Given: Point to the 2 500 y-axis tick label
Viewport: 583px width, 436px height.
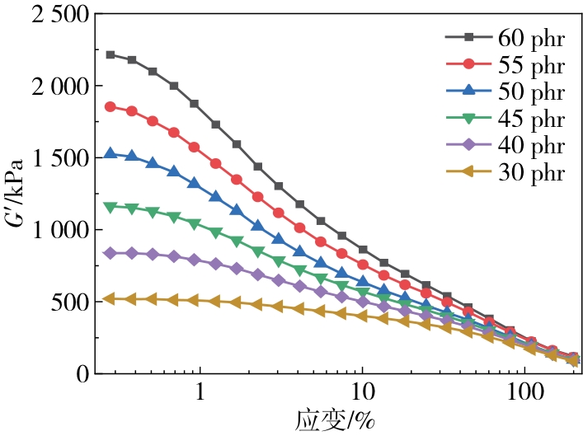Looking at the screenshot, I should pyautogui.click(x=49, y=14).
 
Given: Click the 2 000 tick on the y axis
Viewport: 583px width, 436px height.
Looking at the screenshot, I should pyautogui.click(x=49, y=86).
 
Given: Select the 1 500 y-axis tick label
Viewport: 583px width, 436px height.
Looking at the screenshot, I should pyautogui.click(x=49, y=157).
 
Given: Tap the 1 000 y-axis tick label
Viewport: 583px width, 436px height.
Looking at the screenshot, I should pyautogui.click(x=49, y=230).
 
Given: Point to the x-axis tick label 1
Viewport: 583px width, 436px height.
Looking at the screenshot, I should pyautogui.click(x=200, y=393).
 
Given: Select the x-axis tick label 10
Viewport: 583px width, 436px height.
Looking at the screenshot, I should pyautogui.click(x=362, y=393).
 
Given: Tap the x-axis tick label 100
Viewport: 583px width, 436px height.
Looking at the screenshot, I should pyautogui.click(x=524, y=393).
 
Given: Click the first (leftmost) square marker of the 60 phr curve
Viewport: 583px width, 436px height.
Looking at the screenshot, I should pyautogui.click(x=110, y=54).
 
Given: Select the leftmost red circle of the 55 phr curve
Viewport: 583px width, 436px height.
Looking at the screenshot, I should pyautogui.click(x=110, y=106).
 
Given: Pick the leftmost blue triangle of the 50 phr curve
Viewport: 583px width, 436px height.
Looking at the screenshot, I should pyautogui.click(x=110, y=153).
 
